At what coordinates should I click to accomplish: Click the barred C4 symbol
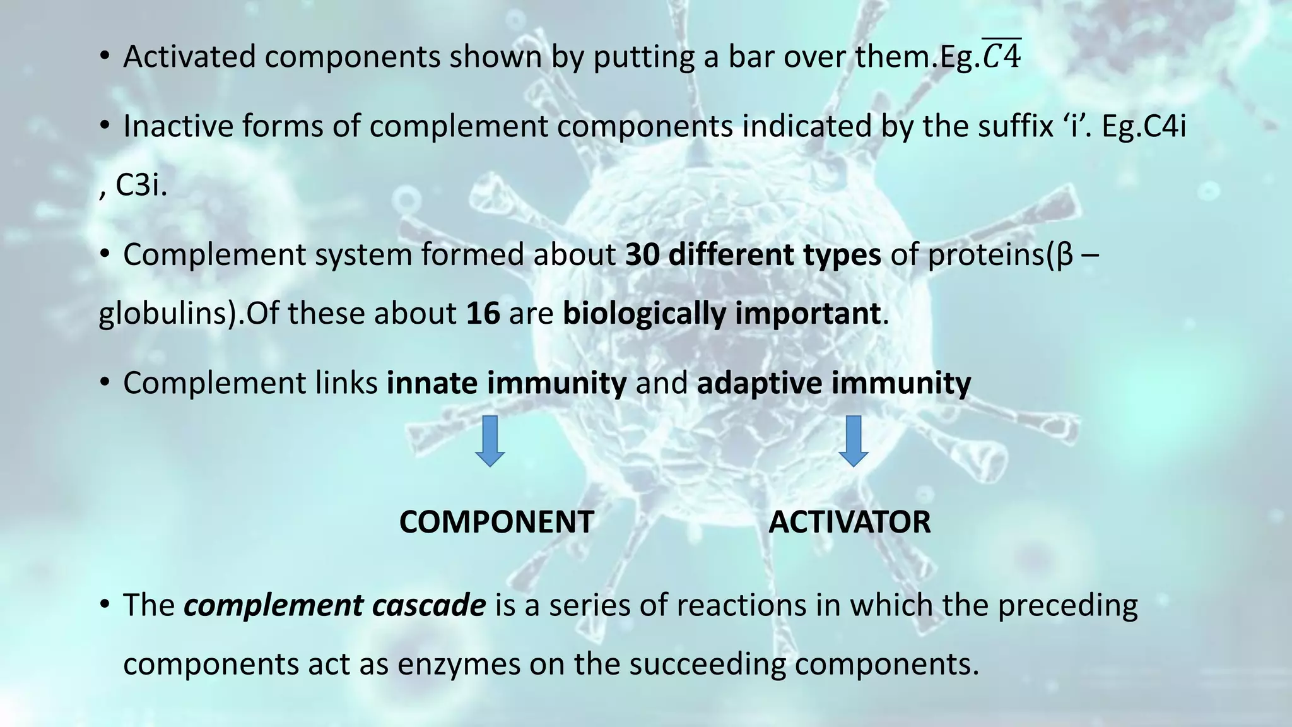(1002, 56)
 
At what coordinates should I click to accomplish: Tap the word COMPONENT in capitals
(496, 522)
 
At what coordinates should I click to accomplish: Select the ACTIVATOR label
(849, 522)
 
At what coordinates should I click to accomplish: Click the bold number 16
(483, 314)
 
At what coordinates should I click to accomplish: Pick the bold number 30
(642, 255)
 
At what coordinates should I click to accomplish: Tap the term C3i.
(141, 186)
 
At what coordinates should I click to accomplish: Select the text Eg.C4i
(1144, 126)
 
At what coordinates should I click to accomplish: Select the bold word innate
(432, 383)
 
